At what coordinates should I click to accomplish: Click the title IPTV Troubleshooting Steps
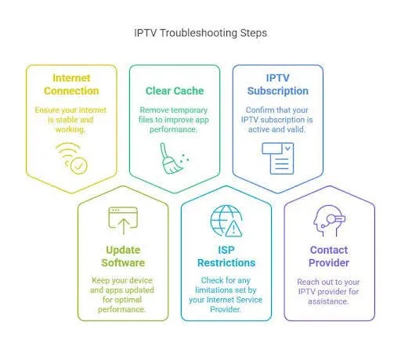coord(200,33)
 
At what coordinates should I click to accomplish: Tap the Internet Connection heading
coord(71,85)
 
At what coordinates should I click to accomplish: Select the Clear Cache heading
coord(175,91)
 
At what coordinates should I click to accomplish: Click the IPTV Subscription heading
coord(278,85)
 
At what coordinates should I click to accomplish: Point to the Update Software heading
coord(123,256)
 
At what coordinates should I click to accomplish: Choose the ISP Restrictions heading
coord(226,256)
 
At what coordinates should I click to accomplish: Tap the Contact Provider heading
coord(329,256)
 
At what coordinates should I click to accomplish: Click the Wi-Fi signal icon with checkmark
coord(71,158)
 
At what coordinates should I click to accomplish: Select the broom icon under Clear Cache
coord(175,158)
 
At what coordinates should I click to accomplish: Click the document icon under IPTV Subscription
coord(278,158)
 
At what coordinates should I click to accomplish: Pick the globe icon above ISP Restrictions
coord(226,221)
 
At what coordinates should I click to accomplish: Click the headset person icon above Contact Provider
coord(329,221)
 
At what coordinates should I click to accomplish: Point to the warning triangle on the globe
coord(233,229)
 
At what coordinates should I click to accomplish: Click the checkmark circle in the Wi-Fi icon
coord(79,166)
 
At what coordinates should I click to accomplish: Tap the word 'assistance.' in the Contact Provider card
coord(328,301)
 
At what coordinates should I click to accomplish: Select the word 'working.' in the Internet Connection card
coord(70,129)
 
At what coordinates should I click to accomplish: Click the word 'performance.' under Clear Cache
coord(173,129)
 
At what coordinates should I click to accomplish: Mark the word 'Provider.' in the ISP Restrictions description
coord(226,309)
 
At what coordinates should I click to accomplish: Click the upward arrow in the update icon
coord(124,226)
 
